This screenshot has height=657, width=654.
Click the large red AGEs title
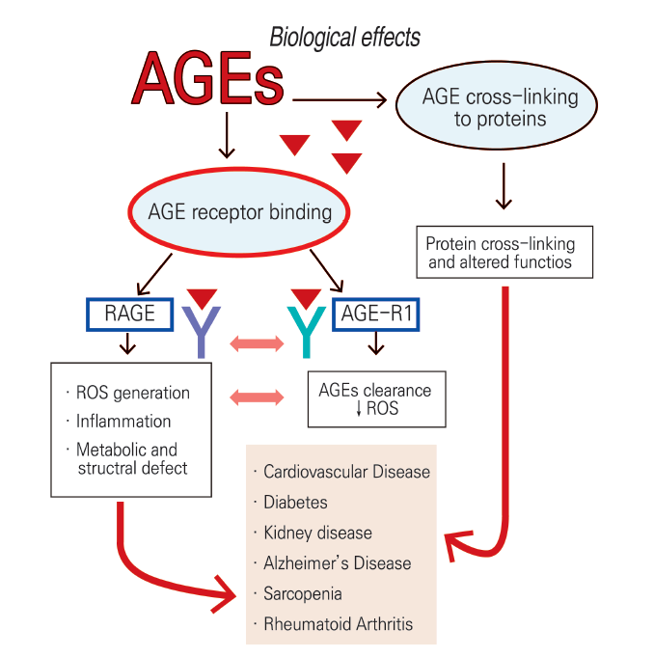click(x=207, y=78)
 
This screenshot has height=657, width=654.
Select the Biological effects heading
click(x=344, y=38)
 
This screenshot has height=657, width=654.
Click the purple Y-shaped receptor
click(x=201, y=332)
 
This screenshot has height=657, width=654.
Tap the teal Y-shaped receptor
click(x=307, y=332)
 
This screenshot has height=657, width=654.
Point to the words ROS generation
click(x=133, y=393)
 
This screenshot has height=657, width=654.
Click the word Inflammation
click(x=123, y=421)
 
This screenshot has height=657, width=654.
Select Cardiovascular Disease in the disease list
click(x=347, y=472)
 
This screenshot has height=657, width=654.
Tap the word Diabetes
click(x=295, y=503)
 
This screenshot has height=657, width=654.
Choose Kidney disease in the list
click(x=317, y=533)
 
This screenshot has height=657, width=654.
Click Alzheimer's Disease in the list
click(x=338, y=563)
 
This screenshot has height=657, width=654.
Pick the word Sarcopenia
click(x=303, y=594)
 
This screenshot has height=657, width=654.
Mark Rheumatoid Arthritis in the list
click(x=339, y=624)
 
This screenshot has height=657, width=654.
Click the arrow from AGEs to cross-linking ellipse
click(x=340, y=100)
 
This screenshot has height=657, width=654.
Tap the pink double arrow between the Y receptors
click(x=257, y=343)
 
